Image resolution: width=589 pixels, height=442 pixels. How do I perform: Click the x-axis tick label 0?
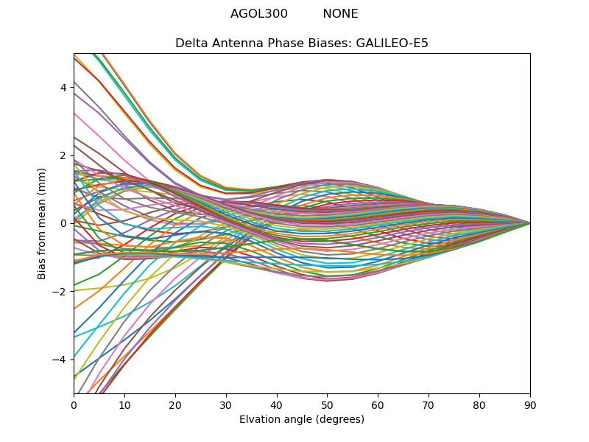click(x=74, y=404)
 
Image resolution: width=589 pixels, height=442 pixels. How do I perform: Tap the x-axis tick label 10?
click(x=124, y=404)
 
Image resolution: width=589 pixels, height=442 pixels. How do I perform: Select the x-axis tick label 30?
click(x=226, y=404)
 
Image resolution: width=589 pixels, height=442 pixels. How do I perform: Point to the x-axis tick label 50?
click(x=327, y=404)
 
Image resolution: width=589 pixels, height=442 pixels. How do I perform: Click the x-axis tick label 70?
click(x=428, y=404)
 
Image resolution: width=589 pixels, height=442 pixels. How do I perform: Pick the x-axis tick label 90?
click(x=530, y=404)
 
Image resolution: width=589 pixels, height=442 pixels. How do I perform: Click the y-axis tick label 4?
click(x=63, y=88)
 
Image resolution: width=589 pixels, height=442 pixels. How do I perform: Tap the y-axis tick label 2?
click(x=63, y=155)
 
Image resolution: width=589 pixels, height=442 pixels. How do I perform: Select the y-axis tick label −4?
click(x=60, y=359)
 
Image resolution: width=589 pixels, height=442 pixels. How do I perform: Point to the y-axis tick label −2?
click(x=60, y=292)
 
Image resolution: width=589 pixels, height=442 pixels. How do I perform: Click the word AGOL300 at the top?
click(x=259, y=14)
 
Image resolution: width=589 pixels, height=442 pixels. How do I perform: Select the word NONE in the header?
click(x=340, y=14)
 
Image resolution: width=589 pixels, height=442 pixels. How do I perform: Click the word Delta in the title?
click(x=191, y=43)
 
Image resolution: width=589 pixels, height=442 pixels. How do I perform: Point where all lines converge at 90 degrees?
click(x=530, y=223)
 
